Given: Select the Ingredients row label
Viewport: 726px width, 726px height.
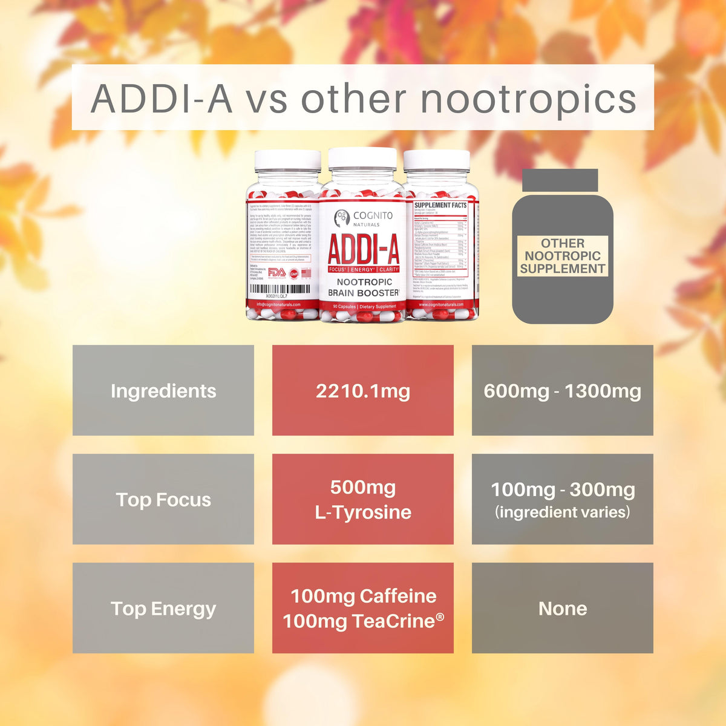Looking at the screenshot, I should tap(163, 391).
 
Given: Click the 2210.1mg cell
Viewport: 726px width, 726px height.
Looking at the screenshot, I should tap(363, 391).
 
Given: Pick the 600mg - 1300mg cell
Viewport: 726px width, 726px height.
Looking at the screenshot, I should tap(563, 391).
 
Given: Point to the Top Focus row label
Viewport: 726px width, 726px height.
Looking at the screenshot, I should tap(163, 500).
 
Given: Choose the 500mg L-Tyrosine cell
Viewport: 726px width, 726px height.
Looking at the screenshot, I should tap(363, 500).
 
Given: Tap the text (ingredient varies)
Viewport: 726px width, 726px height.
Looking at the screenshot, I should tap(563, 512).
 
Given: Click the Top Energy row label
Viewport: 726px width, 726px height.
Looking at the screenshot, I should tap(163, 609).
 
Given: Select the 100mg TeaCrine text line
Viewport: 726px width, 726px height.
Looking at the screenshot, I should tap(363, 621).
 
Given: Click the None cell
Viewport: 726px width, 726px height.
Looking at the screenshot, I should tap(563, 609).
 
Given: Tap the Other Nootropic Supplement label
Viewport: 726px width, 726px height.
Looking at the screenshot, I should tap(563, 256).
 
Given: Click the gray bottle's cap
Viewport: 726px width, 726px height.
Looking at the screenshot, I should tap(560, 180).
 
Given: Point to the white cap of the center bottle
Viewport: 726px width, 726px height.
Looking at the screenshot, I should tap(362, 159).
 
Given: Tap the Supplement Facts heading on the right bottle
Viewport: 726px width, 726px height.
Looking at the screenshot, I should tap(440, 206).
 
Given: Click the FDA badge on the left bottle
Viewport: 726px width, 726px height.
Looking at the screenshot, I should tap(276, 273).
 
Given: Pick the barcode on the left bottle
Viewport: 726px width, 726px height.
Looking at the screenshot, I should tap(280, 290).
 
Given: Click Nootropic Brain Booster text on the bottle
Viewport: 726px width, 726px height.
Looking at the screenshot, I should tap(363, 287).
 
